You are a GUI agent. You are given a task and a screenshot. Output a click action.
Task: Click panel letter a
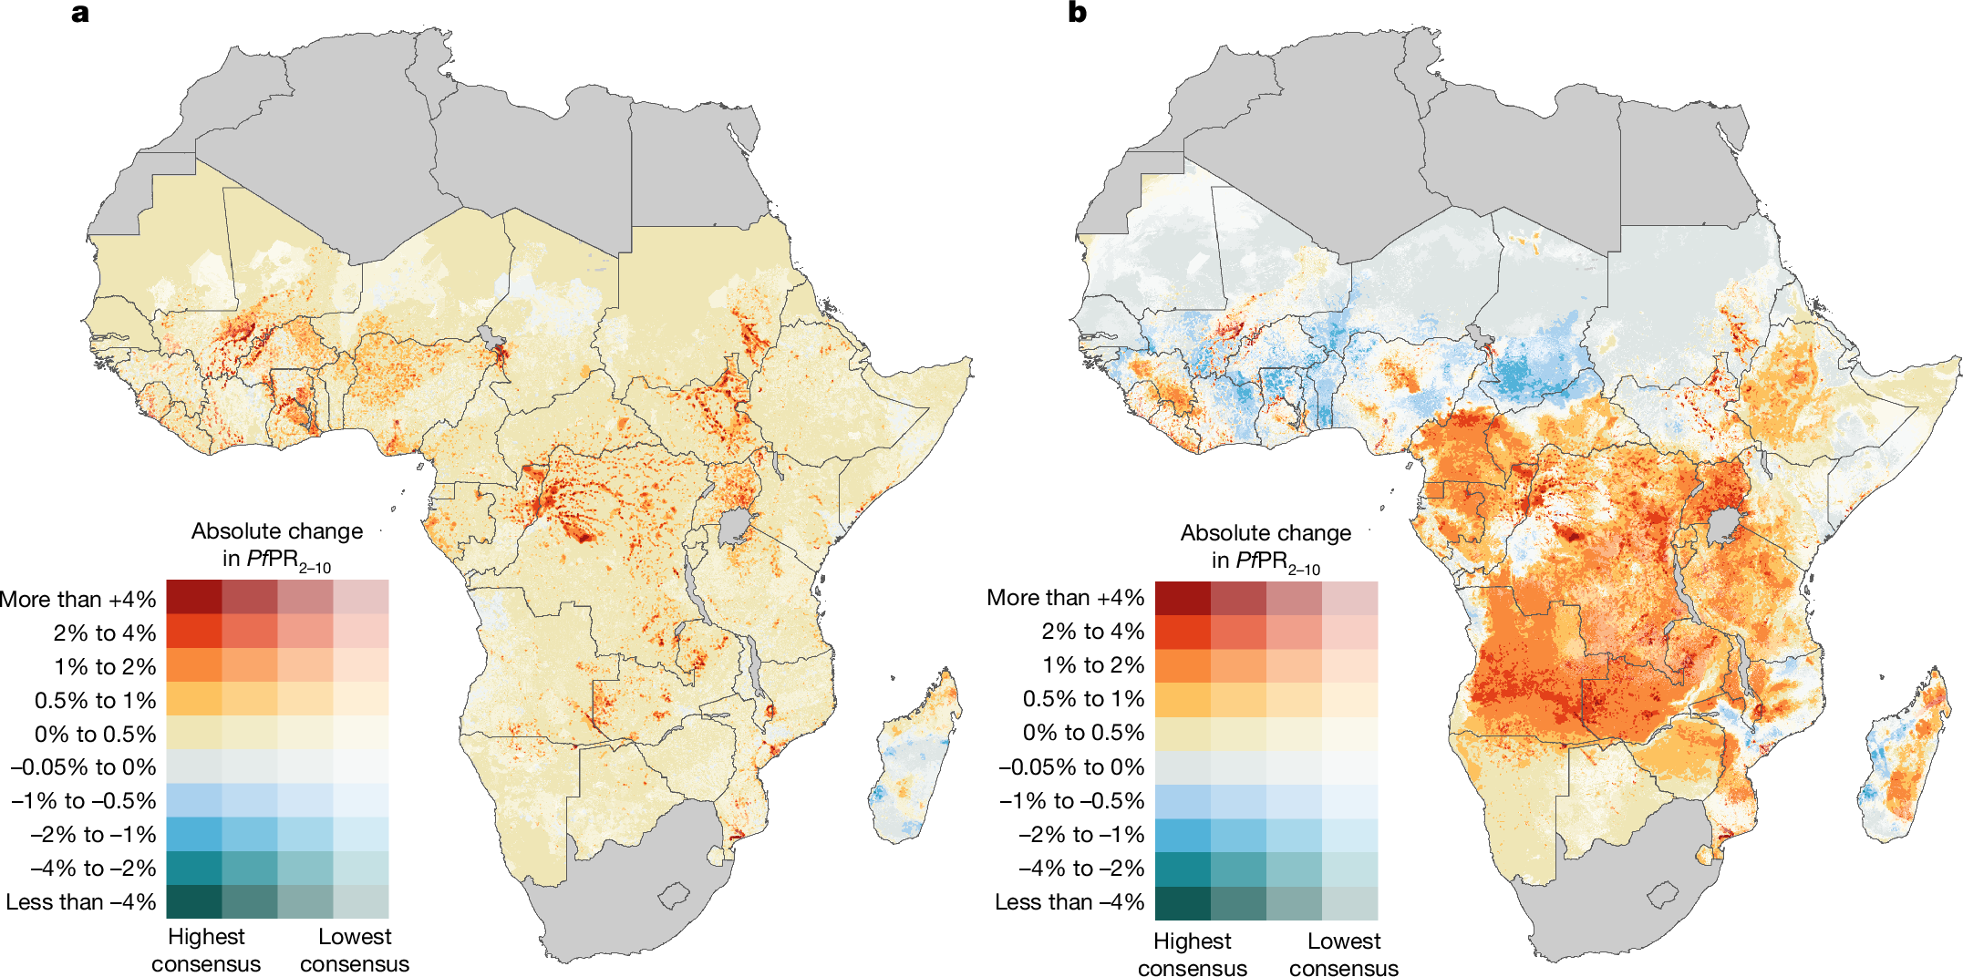click(80, 14)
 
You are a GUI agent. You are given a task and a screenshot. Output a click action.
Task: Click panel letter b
click(1077, 14)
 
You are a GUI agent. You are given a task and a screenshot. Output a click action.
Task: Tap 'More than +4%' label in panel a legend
click(78, 600)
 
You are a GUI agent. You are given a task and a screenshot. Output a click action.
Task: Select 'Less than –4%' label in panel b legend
click(1069, 902)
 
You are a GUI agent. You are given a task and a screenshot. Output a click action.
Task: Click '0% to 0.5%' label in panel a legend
click(96, 734)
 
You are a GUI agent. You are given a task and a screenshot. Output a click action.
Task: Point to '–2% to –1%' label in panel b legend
click(1080, 835)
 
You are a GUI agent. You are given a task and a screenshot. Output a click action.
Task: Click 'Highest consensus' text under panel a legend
click(206, 950)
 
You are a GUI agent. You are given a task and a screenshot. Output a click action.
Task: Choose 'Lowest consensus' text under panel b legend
click(1343, 953)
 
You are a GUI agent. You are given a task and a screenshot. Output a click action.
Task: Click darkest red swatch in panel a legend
click(193, 596)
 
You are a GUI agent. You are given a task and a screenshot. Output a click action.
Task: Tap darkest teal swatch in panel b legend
click(1183, 903)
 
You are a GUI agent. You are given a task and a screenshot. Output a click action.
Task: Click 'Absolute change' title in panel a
click(277, 531)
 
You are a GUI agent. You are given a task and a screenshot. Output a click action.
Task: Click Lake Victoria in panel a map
click(733, 527)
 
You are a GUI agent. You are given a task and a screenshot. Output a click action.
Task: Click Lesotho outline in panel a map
click(674, 895)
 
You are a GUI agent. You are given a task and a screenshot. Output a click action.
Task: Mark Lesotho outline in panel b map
click(1663, 895)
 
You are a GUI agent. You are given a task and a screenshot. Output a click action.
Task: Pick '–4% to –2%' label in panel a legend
click(93, 869)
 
